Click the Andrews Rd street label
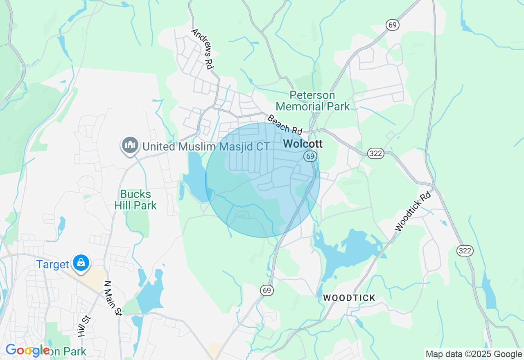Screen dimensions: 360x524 tap(203, 49)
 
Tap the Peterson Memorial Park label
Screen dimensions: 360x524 tap(313, 101)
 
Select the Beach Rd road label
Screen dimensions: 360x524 tap(285, 124)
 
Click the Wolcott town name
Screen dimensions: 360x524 tap(303, 144)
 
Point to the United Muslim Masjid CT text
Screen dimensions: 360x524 tap(206, 146)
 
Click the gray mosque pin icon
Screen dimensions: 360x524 tap(130, 145)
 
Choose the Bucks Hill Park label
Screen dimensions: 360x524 tap(136, 200)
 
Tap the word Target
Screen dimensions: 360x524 tap(53, 264)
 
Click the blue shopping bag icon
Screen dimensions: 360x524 tap(81, 263)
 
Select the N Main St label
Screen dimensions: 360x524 tap(113, 298)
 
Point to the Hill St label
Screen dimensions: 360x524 tap(83, 326)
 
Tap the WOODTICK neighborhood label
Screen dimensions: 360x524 tap(349, 298)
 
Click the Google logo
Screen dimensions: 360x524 tap(27, 350)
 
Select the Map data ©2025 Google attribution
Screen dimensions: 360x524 tap(474, 354)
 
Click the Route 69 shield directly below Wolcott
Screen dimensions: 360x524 tap(310, 156)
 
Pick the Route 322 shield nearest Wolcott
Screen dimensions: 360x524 tap(375, 153)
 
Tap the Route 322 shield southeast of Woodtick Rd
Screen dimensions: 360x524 tap(465, 251)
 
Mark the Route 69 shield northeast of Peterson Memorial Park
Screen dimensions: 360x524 tap(392, 25)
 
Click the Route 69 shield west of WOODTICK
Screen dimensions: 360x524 tap(267, 290)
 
